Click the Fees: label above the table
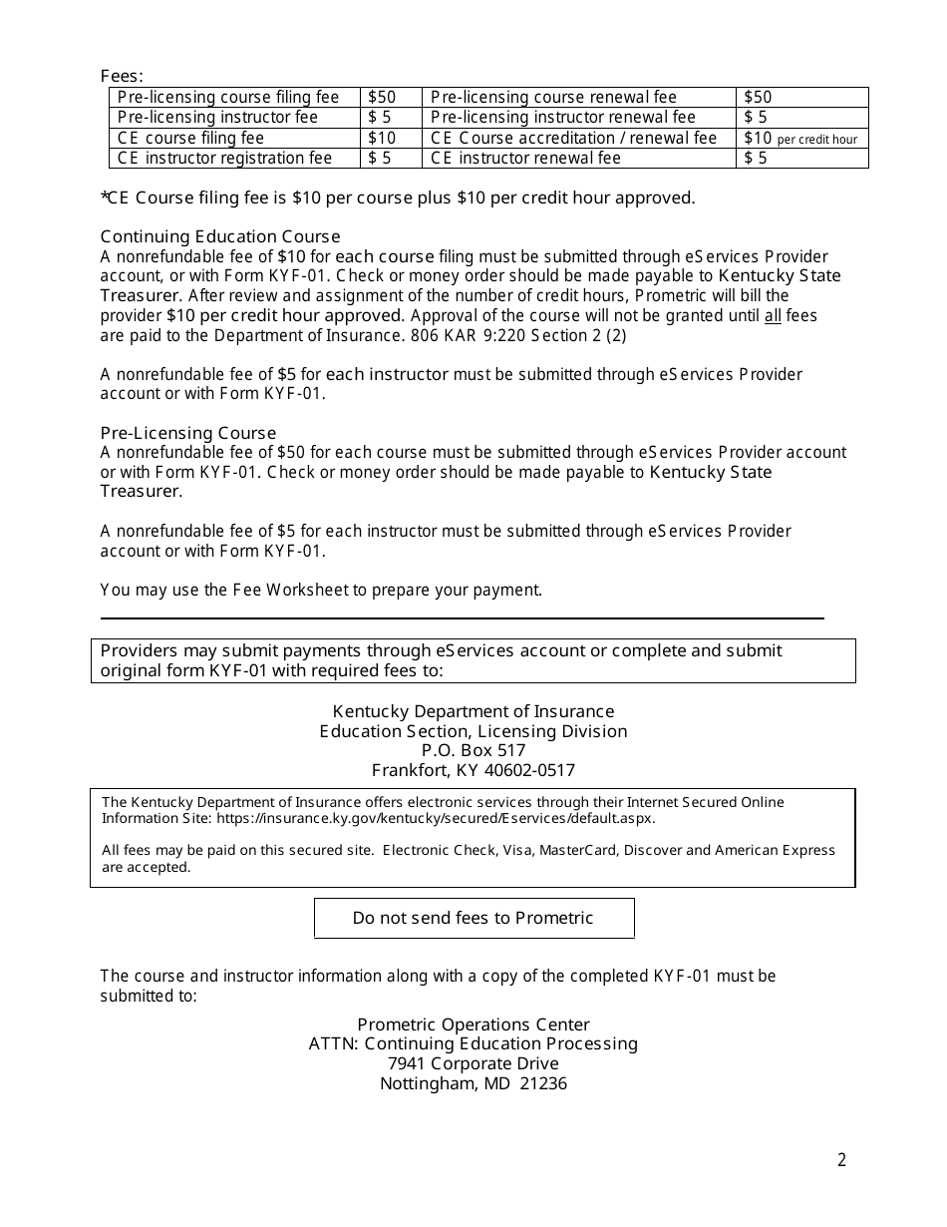tap(122, 76)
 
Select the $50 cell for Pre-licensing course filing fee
tap(381, 97)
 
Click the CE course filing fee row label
tap(190, 138)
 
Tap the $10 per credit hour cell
tap(800, 139)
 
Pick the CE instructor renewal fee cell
tap(525, 158)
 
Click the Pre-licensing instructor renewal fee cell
tap(562, 118)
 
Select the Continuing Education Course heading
tap(220, 236)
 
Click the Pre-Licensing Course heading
tap(188, 433)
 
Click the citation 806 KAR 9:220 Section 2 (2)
tap(518, 335)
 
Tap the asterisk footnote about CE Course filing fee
tap(398, 198)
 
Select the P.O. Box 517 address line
tap(473, 750)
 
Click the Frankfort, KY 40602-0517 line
tap(473, 770)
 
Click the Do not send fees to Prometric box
tap(473, 918)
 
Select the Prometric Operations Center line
tap(473, 1024)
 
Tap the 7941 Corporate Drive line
tap(473, 1063)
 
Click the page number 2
tap(841, 1159)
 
